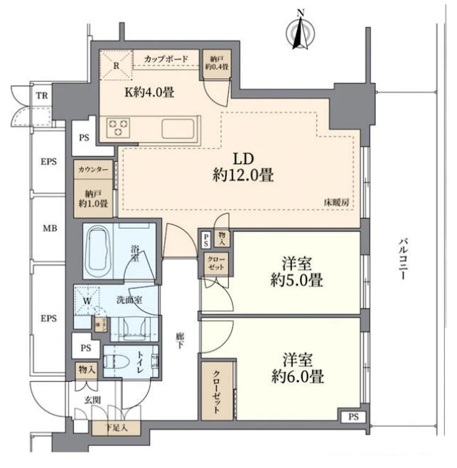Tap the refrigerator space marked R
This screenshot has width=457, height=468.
tap(117, 65)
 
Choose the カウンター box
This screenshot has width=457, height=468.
tap(92, 171)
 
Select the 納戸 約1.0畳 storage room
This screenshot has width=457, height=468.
tap(92, 198)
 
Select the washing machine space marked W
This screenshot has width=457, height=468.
tap(87, 300)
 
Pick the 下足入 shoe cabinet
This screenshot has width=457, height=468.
tap(117, 428)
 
